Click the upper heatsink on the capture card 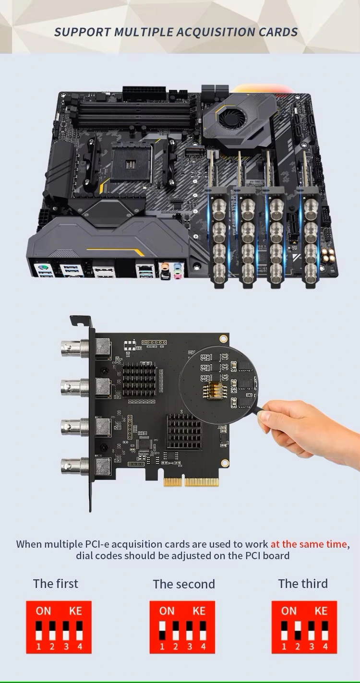[x=139, y=379]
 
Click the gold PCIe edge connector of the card [x=191, y=482]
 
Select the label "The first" [x=56, y=584]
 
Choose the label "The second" [x=184, y=584]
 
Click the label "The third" [x=303, y=584]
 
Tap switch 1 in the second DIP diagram [x=162, y=631]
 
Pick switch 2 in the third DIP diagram [x=298, y=631]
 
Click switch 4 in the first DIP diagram [x=79, y=631]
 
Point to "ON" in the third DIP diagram [x=288, y=611]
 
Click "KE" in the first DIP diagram [x=75, y=611]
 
